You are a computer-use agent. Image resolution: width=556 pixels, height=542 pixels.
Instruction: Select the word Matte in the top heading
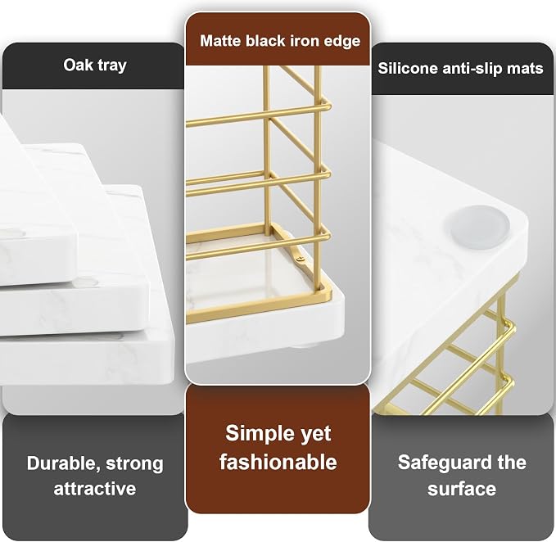[x=220, y=40]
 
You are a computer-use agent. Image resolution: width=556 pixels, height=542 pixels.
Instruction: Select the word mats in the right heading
[x=525, y=69]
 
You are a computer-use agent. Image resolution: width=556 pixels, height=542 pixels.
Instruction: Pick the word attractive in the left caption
[x=95, y=489]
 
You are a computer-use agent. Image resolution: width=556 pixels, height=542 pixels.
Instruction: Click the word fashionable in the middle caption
[x=278, y=462]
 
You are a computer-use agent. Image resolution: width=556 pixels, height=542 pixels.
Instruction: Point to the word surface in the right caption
[x=462, y=489]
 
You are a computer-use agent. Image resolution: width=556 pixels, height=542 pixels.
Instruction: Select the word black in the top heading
[x=265, y=40]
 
